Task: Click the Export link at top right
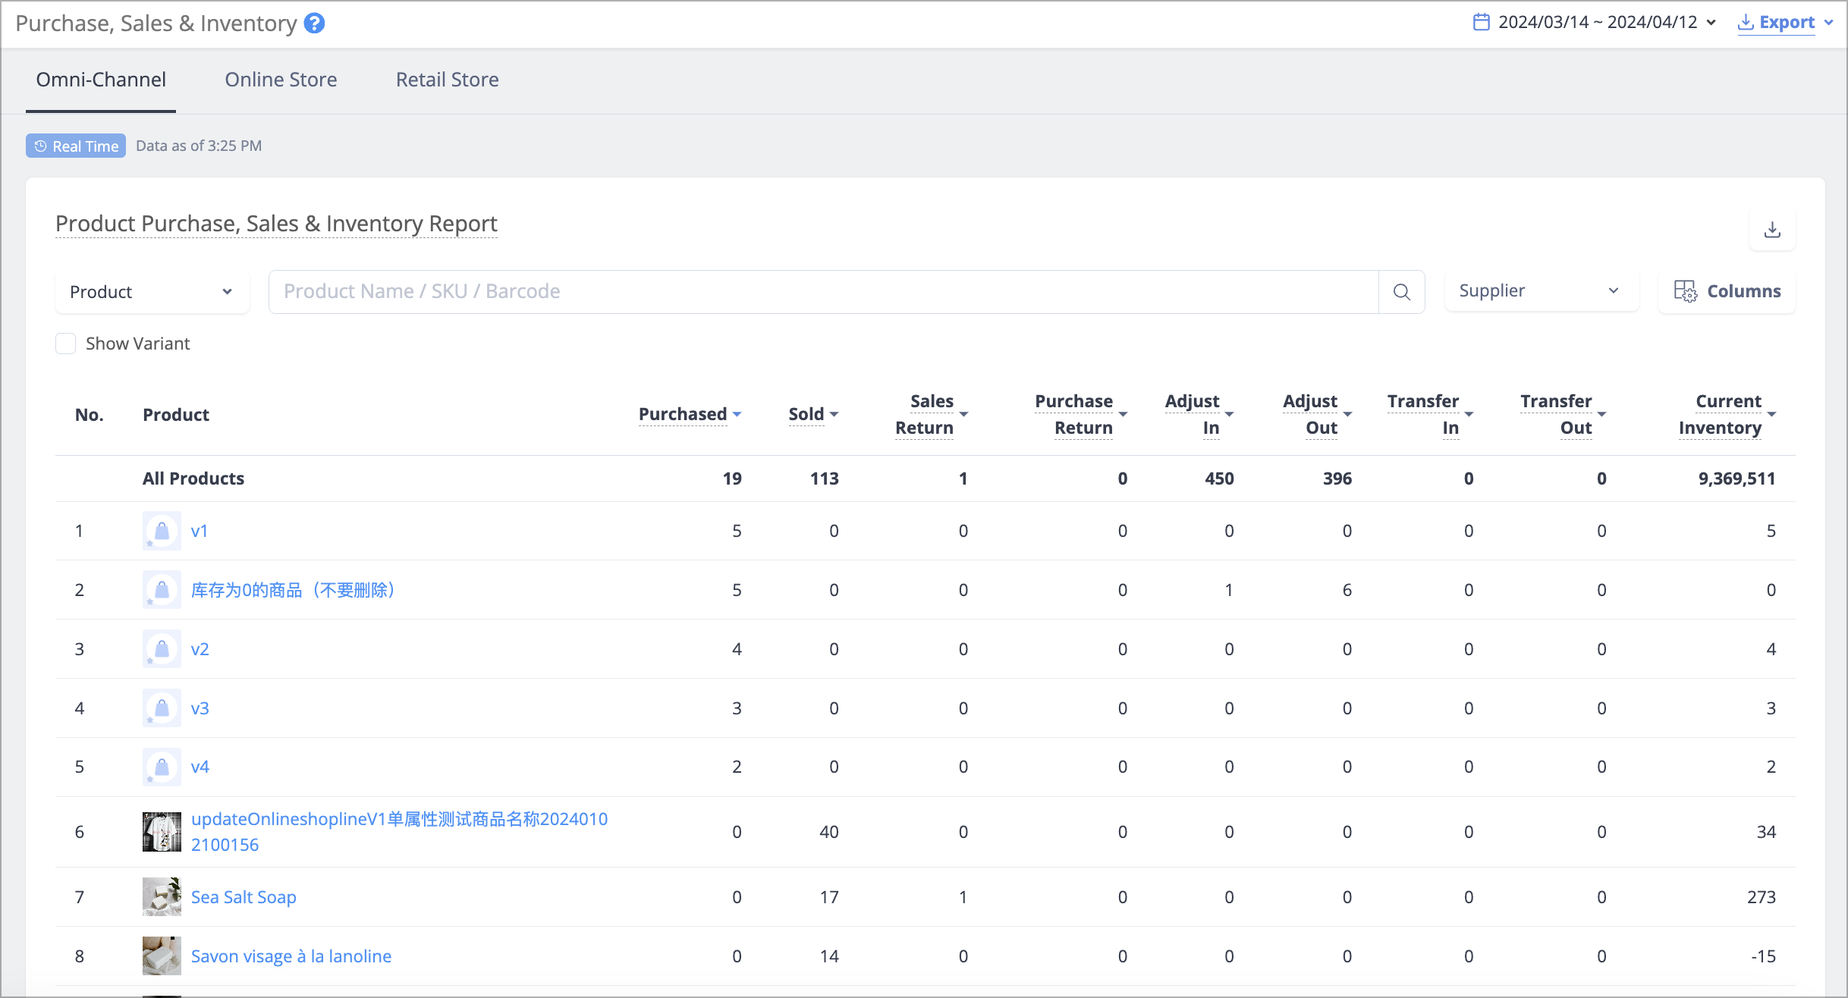click(x=1786, y=23)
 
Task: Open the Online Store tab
click(x=281, y=80)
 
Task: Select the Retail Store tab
click(x=447, y=80)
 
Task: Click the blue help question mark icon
click(x=314, y=24)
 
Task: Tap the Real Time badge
click(x=76, y=146)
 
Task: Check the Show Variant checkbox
click(x=66, y=344)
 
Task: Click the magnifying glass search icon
click(x=1401, y=292)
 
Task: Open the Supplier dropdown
click(x=1542, y=291)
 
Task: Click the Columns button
click(x=1727, y=291)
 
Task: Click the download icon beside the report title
click(x=1772, y=229)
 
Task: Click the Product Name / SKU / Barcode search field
click(x=823, y=292)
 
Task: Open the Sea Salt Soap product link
click(x=244, y=897)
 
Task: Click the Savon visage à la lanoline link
click(x=291, y=956)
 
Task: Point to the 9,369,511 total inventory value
click(x=1736, y=479)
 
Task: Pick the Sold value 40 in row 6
click(x=828, y=832)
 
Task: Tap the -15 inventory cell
click(x=1763, y=956)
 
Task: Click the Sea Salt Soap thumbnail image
click(x=162, y=897)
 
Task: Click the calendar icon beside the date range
click(x=1481, y=22)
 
